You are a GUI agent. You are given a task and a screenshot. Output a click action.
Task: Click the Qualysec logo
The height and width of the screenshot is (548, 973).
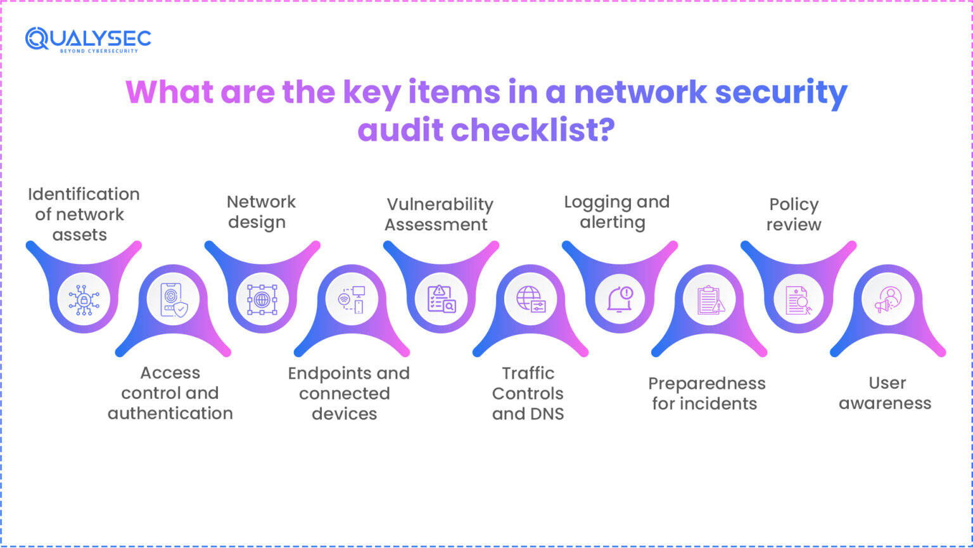[x=88, y=39]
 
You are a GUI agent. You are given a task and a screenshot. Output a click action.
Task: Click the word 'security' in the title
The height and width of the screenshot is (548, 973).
[x=781, y=93]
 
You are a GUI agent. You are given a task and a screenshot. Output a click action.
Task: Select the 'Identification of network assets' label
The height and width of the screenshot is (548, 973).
[x=83, y=214]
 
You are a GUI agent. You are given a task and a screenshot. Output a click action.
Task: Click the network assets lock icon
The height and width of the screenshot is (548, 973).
[x=84, y=299]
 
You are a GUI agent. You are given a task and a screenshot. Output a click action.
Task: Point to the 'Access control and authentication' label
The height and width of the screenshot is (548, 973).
[x=170, y=393]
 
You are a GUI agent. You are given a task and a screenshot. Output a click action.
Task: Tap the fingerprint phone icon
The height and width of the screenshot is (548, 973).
[x=173, y=299]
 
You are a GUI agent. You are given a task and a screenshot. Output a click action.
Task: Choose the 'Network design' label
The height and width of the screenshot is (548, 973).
[x=260, y=212]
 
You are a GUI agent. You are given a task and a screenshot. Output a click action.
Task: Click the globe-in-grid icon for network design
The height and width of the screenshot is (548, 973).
[x=262, y=299]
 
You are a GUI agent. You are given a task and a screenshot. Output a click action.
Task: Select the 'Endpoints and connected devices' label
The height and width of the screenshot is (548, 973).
[x=348, y=393]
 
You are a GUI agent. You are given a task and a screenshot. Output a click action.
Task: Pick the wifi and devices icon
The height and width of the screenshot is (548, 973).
[x=352, y=299]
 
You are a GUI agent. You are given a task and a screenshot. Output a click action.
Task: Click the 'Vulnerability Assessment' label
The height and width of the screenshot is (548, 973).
[x=439, y=214]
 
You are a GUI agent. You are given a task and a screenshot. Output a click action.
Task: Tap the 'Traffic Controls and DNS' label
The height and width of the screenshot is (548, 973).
[x=528, y=393]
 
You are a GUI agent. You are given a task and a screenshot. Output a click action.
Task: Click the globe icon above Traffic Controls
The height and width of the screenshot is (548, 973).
[x=530, y=299]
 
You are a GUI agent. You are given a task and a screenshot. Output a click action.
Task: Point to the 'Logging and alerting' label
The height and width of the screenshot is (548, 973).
[x=616, y=212]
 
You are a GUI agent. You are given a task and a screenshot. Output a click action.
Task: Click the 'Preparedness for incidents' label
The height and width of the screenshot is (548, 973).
[x=706, y=393]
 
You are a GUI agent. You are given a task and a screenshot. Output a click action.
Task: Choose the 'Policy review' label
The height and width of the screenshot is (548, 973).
[x=794, y=214]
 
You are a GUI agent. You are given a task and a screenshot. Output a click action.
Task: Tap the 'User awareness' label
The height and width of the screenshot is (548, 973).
[x=886, y=393]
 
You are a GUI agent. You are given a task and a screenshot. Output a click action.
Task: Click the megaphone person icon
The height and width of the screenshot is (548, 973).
[x=887, y=299]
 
